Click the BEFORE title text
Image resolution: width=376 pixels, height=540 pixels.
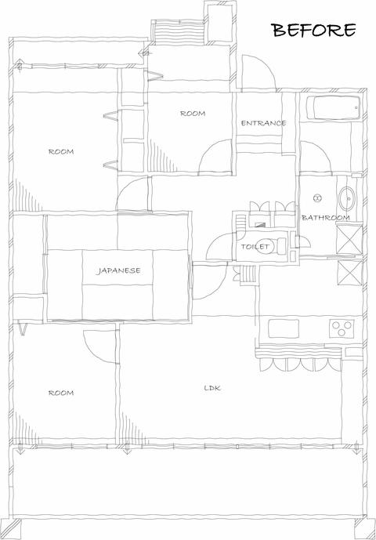314,31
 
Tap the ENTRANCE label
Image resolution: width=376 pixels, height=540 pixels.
263,123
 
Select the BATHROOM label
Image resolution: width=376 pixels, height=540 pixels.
326,218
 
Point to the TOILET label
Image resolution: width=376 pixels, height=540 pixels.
255,247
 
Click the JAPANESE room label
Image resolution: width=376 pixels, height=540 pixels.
118,270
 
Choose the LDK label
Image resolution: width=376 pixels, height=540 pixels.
212,388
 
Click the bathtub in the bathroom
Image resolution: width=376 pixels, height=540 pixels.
333,108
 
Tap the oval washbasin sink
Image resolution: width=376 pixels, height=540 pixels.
347,199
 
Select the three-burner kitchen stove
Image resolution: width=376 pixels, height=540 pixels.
342,328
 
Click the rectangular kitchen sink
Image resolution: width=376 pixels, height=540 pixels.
284,328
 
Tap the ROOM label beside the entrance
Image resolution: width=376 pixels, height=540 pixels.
193,114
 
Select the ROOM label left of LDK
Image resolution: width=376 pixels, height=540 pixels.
61,393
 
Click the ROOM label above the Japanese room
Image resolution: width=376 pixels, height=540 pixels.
61,151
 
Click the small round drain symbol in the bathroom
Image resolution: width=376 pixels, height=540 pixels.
317,198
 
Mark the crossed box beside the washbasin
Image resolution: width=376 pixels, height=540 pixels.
349,240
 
